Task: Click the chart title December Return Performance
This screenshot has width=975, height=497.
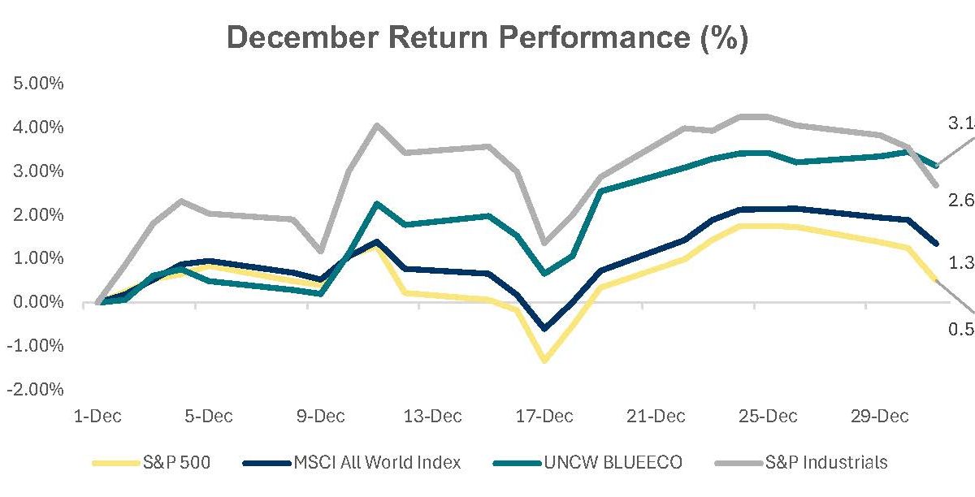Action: pyautogui.click(x=487, y=38)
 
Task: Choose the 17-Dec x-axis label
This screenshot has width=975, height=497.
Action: pyautogui.click(x=544, y=417)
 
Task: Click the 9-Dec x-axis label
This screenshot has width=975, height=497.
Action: pyautogui.click(x=320, y=417)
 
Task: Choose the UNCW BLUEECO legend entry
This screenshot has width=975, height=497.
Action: pyautogui.click(x=588, y=463)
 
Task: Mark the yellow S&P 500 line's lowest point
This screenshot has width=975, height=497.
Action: pyautogui.click(x=544, y=360)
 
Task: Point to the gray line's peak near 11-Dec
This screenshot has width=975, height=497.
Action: pyautogui.click(x=376, y=125)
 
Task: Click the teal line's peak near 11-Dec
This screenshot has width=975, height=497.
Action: pyautogui.click(x=377, y=203)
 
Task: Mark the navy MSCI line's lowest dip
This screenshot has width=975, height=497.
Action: pyautogui.click(x=544, y=329)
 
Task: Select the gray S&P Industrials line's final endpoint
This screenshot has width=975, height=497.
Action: pyautogui.click(x=936, y=185)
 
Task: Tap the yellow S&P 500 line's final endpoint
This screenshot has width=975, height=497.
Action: pyautogui.click(x=936, y=281)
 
